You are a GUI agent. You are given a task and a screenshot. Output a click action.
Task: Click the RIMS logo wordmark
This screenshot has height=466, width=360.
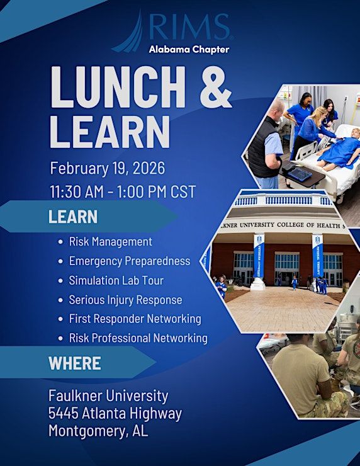click(189, 27)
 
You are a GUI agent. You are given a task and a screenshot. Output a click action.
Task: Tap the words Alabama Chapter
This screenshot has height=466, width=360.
click(189, 49)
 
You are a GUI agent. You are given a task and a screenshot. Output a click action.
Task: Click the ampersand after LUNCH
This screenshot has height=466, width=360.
click(216, 88)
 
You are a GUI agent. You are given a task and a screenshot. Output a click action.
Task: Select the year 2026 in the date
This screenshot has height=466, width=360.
click(149, 168)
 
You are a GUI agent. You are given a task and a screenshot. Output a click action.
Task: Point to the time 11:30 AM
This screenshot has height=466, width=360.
click(77, 191)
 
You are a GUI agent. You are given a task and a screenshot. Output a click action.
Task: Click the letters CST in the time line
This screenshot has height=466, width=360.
click(183, 191)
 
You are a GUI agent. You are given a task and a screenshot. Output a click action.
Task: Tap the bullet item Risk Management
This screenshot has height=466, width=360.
click(111, 242)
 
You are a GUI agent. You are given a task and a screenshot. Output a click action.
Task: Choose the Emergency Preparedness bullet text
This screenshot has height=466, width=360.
click(130, 261)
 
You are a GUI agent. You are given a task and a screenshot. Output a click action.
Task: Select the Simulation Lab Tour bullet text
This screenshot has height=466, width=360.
click(116, 280)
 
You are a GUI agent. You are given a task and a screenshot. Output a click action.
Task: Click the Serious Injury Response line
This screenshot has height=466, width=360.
click(125, 300)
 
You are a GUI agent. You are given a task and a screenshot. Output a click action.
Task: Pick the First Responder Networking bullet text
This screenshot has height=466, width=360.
click(135, 319)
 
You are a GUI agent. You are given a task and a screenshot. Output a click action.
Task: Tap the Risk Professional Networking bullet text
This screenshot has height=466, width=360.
click(138, 338)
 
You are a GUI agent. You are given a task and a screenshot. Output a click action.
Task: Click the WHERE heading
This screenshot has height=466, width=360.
click(74, 363)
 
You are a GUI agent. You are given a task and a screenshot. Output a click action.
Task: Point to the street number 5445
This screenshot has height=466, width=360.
click(64, 413)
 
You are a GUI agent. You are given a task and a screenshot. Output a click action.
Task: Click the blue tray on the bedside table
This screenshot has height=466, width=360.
click(300, 174)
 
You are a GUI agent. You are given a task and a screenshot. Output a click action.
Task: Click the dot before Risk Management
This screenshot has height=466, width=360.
click(60, 242)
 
